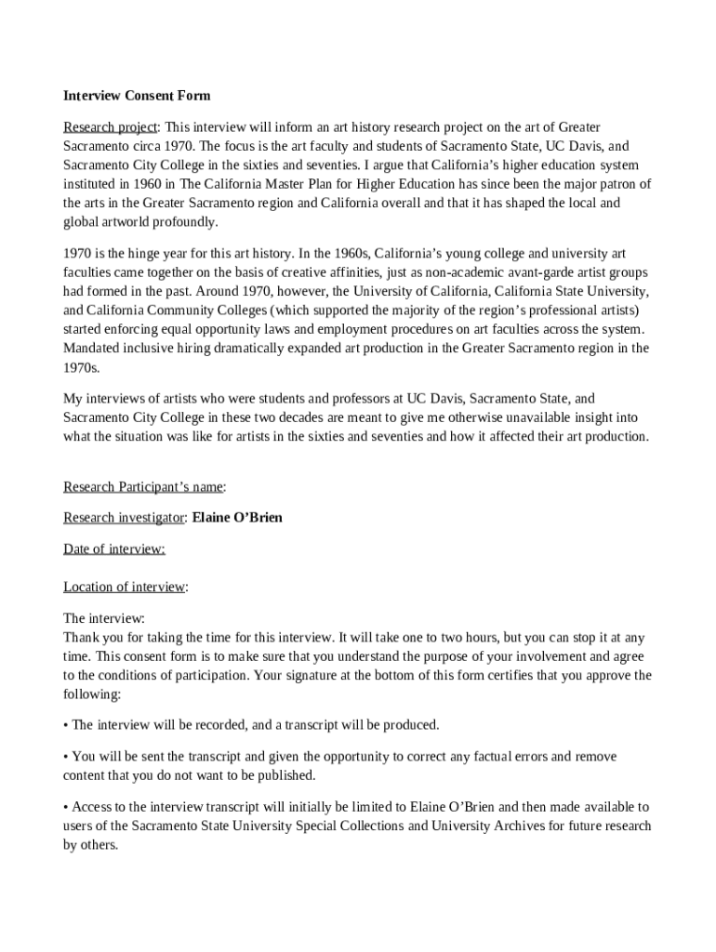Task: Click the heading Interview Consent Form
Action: (137, 96)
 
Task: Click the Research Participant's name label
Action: (143, 487)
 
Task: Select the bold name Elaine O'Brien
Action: (237, 518)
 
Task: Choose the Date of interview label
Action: (114, 549)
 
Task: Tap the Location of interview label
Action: (125, 587)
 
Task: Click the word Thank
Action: (81, 638)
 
